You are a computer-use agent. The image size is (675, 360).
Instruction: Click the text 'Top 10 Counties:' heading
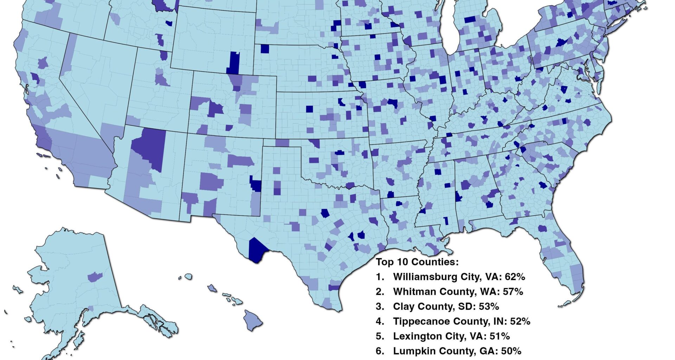(417, 262)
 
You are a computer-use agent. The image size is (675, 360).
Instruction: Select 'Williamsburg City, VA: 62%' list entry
(459, 277)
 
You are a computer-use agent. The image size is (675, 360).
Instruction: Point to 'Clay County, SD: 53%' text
(446, 307)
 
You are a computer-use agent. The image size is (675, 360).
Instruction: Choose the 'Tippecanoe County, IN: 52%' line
(461, 321)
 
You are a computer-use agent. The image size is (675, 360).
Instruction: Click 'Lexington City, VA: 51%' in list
(451, 336)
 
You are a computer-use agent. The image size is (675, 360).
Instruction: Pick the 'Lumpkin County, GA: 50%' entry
(457, 351)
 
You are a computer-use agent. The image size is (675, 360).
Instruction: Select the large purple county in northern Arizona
(149, 148)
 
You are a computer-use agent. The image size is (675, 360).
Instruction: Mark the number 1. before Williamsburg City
(380, 277)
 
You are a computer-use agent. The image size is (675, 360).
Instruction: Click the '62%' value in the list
(515, 277)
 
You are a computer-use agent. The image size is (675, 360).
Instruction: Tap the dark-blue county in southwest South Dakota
(265, 49)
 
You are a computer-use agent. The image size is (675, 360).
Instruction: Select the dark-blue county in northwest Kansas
(309, 109)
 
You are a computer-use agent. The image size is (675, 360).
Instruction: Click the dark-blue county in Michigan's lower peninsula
(470, 20)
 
